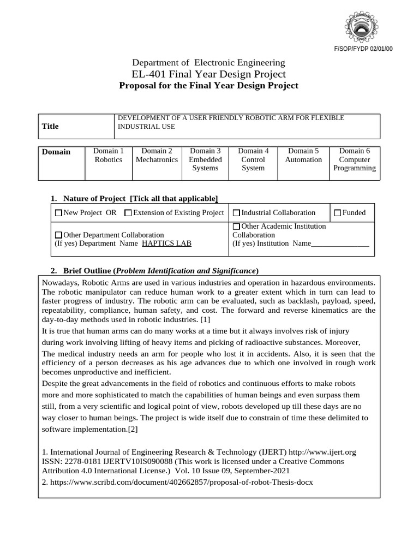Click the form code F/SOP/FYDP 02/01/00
pos(363,49)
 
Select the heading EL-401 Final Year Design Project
pos(209,74)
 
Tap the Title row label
pos(50,126)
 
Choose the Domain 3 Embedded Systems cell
pos(205,159)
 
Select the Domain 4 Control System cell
pos(253,159)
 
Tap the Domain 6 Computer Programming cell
pos(355,159)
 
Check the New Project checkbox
pos(59,213)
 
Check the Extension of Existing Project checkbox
pos(128,213)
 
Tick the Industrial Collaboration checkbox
pos(236,213)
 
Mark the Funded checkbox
pos(337,213)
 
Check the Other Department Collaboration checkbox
pos(59,235)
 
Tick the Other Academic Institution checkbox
pos(236,227)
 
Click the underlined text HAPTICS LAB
pos(166,243)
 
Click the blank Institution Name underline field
pos(340,244)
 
